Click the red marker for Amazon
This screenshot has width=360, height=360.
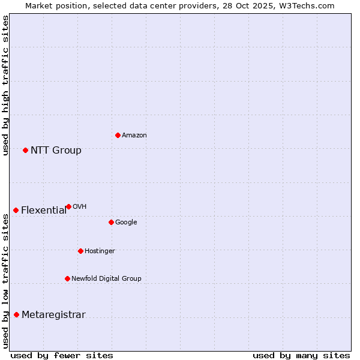pyautogui.click(x=118, y=135)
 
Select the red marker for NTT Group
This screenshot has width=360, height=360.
pyautogui.click(x=25, y=150)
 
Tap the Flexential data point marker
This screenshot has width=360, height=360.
pyautogui.click(x=16, y=210)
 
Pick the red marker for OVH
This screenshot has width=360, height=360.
pyautogui.click(x=68, y=206)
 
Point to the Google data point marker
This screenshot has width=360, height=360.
pyautogui.click(x=111, y=222)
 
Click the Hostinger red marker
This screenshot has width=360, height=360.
pyautogui.click(x=80, y=251)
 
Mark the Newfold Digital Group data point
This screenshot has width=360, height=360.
pyautogui.click(x=67, y=278)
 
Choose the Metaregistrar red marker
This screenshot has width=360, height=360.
pyautogui.click(x=16, y=315)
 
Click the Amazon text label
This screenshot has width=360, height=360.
pyautogui.click(x=134, y=136)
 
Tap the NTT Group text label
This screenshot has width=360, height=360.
pyautogui.click(x=56, y=151)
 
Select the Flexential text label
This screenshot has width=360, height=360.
pyautogui.click(x=44, y=211)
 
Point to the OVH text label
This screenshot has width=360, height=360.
pyautogui.click(x=79, y=207)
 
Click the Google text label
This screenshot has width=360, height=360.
pyautogui.click(x=126, y=223)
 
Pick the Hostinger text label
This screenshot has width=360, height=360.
pyautogui.click(x=100, y=251)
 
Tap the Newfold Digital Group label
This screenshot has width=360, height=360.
pyautogui.click(x=106, y=279)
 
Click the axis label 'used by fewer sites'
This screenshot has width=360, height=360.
pyautogui.click(x=62, y=356)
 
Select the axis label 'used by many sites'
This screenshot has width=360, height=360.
pyautogui.click(x=301, y=356)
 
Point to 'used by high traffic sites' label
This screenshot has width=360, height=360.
pyautogui.click(x=5, y=85)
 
